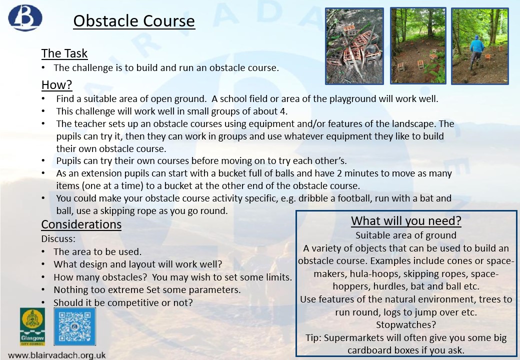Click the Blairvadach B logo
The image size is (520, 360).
click(x=25, y=17)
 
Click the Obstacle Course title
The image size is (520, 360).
click(x=134, y=21)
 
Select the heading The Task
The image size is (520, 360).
click(x=64, y=53)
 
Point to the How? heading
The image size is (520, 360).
click(x=56, y=85)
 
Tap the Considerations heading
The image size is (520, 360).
click(x=81, y=224)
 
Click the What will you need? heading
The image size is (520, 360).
click(x=406, y=221)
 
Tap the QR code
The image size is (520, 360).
click(x=74, y=326)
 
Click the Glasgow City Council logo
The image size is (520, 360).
click(x=32, y=326)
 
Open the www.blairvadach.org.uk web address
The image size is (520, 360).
click(x=56, y=355)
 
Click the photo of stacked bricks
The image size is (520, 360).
click(x=354, y=46)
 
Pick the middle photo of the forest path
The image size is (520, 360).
click(x=418, y=45)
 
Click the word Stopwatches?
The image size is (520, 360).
click(x=406, y=324)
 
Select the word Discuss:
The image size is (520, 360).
click(x=58, y=238)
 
